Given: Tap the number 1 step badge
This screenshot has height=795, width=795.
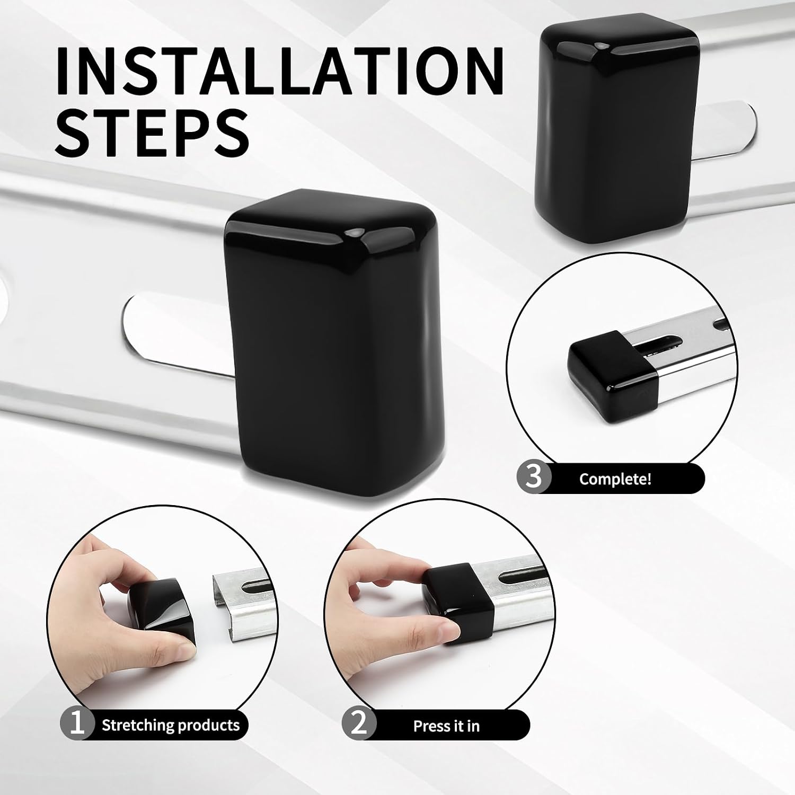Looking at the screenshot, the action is tap(77, 724).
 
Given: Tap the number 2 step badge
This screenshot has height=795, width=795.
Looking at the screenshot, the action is tap(359, 725).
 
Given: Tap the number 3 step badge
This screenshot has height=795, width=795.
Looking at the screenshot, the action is tap(534, 476).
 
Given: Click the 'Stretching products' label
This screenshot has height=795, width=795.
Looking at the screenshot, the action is tap(171, 725).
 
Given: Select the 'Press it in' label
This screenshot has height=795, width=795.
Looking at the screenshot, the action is tap(446, 726).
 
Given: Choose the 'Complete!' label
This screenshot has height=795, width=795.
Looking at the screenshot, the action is tap(615, 479).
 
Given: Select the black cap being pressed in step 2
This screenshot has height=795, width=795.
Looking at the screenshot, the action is tap(458, 604).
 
